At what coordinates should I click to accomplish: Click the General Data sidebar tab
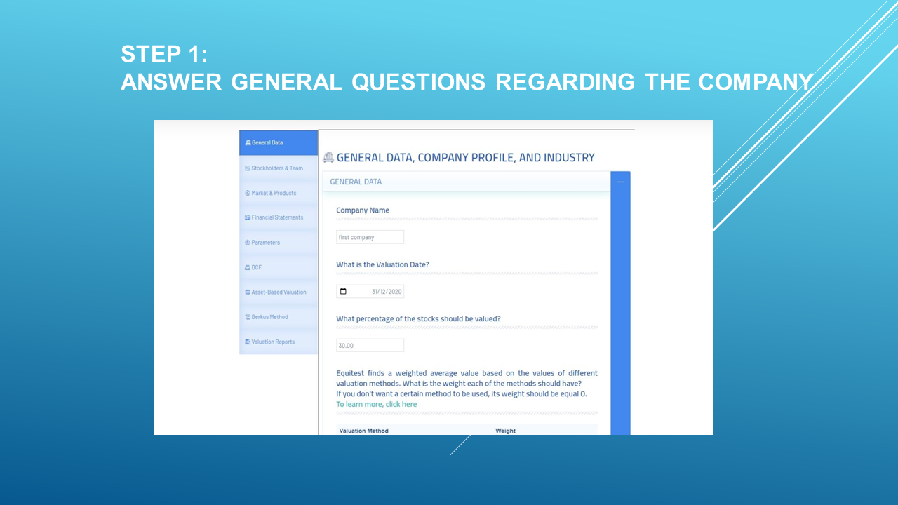[x=279, y=142]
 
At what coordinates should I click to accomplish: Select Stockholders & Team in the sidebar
[x=279, y=168]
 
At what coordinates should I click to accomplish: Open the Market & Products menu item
[x=279, y=193]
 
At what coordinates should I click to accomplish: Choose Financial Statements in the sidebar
[x=279, y=217]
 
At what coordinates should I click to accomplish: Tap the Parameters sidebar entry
[x=279, y=243]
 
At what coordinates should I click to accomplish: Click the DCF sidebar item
[x=279, y=267]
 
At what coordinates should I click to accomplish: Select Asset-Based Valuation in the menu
[x=279, y=292]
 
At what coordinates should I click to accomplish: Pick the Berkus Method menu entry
[x=279, y=317]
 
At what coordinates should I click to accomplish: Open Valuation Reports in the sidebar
[x=279, y=342]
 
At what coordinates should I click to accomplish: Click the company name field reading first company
[x=370, y=237]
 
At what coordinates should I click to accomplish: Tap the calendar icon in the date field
[x=343, y=291]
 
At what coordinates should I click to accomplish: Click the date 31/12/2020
[x=387, y=291]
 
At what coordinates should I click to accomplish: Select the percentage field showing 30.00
[x=370, y=346]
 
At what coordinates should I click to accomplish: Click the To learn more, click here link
[x=377, y=404]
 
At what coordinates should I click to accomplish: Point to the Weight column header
[x=505, y=431]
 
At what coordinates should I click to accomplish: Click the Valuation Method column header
[x=363, y=431]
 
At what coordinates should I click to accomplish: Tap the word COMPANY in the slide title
[x=756, y=82]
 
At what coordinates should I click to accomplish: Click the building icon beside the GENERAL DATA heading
[x=328, y=158]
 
